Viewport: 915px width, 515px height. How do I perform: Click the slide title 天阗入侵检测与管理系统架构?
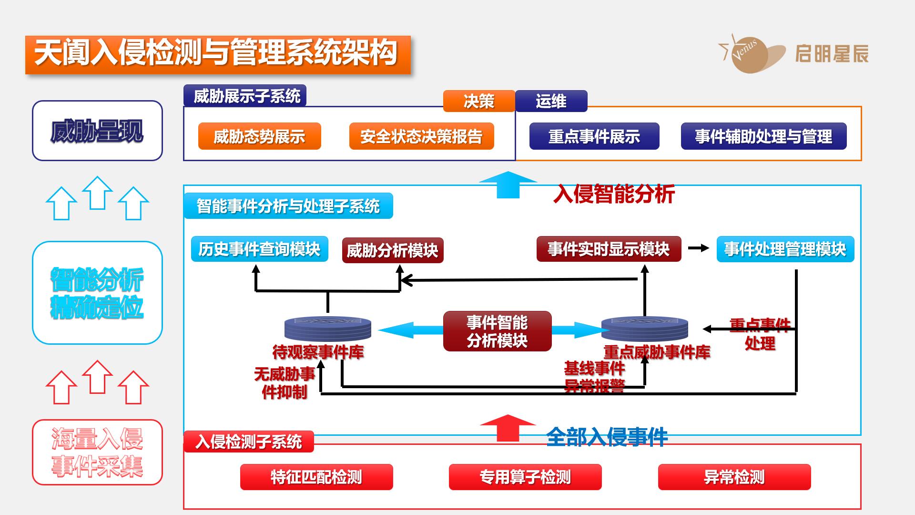[x=217, y=54]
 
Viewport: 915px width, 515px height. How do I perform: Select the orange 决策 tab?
[x=478, y=101]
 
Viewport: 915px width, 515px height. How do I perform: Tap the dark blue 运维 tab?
[x=551, y=101]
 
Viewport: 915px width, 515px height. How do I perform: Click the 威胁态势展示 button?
[x=259, y=136]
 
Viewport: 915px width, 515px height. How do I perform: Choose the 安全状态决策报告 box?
[x=421, y=136]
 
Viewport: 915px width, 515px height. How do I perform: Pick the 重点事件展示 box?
[x=594, y=136]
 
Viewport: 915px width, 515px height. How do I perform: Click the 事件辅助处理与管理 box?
[x=763, y=136]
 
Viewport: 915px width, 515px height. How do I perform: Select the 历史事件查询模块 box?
[x=259, y=249]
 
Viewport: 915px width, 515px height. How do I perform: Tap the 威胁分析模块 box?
[x=392, y=250]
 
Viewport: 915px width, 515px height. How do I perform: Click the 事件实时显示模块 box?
[x=609, y=249]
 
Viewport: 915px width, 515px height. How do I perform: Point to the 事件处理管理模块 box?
[x=785, y=249]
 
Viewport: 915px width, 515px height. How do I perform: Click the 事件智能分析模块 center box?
[x=497, y=331]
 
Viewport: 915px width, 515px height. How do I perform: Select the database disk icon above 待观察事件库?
[x=327, y=328]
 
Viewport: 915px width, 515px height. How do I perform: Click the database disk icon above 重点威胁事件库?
[x=644, y=328]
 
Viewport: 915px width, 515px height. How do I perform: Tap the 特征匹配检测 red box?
[x=316, y=477]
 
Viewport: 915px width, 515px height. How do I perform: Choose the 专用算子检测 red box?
[x=525, y=477]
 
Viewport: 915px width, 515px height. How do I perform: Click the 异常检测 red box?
[x=734, y=477]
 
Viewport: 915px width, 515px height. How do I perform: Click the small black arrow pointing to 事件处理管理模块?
[x=699, y=248]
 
